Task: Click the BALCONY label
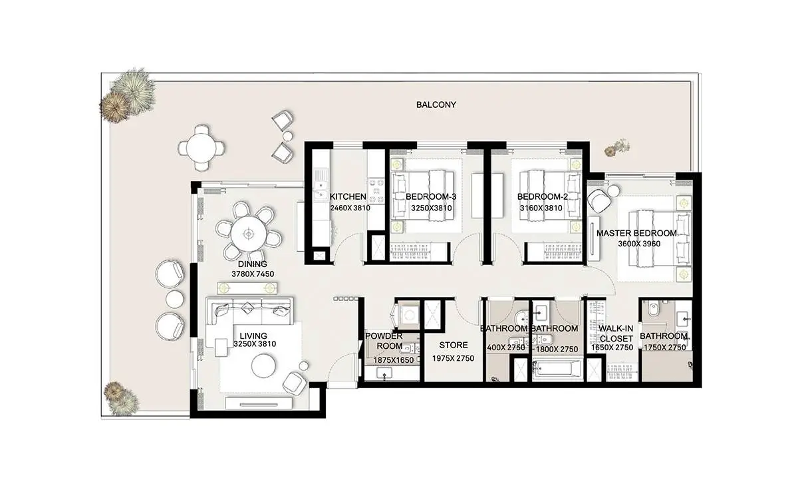click(436, 105)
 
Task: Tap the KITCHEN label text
click(348, 196)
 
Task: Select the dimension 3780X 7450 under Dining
click(253, 274)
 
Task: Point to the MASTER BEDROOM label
click(636, 233)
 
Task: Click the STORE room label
click(453, 345)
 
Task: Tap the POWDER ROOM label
click(384, 341)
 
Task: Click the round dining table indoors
click(248, 234)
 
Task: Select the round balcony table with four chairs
click(201, 147)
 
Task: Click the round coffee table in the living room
click(263, 366)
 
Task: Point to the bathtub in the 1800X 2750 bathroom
click(557, 369)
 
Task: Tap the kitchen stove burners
click(376, 191)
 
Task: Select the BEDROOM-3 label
click(431, 196)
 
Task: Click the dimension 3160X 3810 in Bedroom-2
click(541, 208)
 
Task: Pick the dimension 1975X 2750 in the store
click(453, 358)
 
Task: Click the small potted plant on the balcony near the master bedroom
click(617, 147)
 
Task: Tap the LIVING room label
click(253, 336)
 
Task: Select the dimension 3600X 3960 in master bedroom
click(639, 244)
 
